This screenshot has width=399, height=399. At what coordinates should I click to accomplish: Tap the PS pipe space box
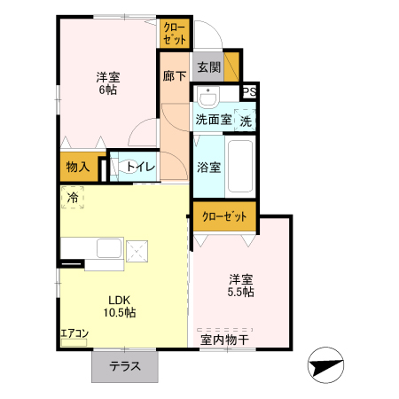[250, 91]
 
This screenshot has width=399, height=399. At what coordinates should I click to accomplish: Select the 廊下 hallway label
[174, 77]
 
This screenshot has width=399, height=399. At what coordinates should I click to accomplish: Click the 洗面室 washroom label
[213, 120]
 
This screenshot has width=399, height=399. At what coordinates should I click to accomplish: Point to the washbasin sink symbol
[209, 98]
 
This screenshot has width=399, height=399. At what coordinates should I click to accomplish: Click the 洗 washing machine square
[246, 120]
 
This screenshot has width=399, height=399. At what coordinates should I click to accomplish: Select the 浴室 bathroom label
[209, 166]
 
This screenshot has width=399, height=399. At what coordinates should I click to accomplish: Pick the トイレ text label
[141, 167]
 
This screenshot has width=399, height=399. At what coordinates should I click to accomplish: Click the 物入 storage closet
[78, 166]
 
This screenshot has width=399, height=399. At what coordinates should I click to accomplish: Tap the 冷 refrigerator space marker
[72, 198]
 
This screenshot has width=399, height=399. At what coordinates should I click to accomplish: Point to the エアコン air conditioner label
[74, 333]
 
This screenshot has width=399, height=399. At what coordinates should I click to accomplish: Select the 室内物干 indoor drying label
[223, 339]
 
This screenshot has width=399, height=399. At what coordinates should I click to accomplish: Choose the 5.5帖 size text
[241, 291]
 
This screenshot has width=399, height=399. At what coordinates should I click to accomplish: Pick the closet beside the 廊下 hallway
[174, 34]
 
